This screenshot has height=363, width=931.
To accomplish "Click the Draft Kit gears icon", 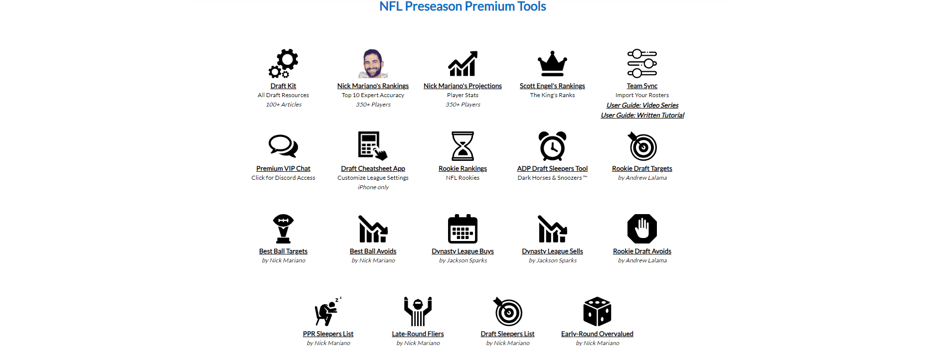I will tap(283, 63).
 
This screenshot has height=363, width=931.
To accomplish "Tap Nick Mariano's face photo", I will tap(373, 63).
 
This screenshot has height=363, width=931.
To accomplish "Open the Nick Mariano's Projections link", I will tap(463, 86).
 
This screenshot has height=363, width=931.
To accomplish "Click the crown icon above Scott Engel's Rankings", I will tap(552, 63).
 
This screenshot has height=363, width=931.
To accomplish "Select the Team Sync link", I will tap(642, 86).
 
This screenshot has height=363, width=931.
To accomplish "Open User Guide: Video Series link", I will tap(642, 106).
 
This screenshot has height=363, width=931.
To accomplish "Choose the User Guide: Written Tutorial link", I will tap(642, 116).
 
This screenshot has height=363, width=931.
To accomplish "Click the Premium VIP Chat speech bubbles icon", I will tap(283, 146).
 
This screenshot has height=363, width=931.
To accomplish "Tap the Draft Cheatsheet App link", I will tap(373, 169).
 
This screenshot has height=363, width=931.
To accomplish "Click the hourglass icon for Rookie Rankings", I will tap(463, 146).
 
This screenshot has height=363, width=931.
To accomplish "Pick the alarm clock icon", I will tap(552, 146).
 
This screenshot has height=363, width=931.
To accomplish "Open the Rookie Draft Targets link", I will tap(642, 169).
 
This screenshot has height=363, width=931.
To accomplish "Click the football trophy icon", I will tap(283, 229).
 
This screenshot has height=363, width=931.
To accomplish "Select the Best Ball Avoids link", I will tap(373, 251).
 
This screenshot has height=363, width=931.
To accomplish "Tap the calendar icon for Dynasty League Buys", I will tap(463, 229).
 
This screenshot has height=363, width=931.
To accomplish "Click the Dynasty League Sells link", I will tap(552, 251).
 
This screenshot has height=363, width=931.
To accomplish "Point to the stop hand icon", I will tap(642, 229).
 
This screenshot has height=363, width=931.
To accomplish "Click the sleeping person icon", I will tap(327, 312).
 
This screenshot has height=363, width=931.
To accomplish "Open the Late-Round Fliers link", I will tap(418, 334).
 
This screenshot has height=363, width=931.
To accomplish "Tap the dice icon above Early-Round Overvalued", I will tap(597, 312).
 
